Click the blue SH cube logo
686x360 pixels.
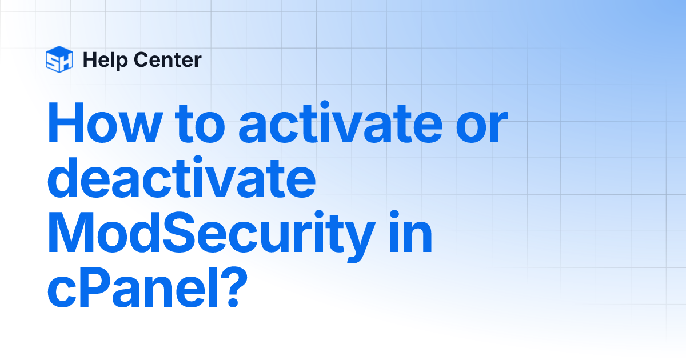pyautogui.click(x=59, y=59)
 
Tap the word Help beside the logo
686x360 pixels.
pyautogui.click(x=101, y=59)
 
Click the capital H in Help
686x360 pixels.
pyautogui.click(x=88, y=59)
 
